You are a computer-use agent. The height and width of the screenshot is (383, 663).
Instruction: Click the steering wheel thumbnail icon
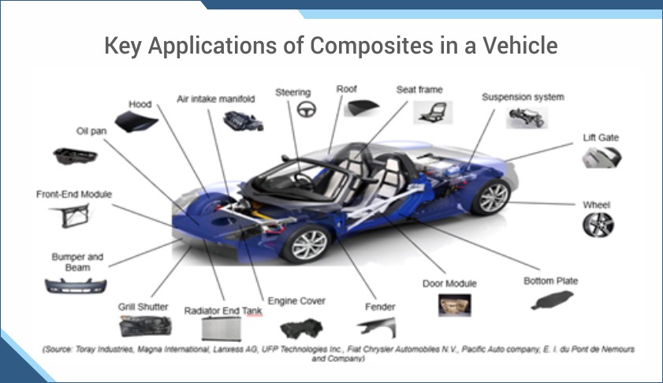(305, 110)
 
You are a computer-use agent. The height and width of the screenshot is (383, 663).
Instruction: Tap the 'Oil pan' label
(91, 132)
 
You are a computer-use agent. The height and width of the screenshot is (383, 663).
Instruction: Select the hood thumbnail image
(136, 120)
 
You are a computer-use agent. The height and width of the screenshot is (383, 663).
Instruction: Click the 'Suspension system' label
(523, 97)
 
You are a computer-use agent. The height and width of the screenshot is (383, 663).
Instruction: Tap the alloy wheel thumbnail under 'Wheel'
(598, 225)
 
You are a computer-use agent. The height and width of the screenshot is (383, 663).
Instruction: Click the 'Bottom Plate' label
(550, 281)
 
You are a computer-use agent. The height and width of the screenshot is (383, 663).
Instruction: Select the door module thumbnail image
(455, 305)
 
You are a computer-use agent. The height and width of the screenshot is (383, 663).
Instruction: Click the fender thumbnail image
(376, 327)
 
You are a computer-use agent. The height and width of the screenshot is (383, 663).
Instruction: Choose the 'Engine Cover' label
(296, 301)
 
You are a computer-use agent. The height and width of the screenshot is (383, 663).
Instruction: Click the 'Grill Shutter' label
(143, 307)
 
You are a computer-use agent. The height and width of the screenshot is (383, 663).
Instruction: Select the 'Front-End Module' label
(74, 194)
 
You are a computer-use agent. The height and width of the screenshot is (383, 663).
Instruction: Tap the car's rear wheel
(492, 196)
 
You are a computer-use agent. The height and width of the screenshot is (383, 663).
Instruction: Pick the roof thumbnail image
(362, 108)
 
